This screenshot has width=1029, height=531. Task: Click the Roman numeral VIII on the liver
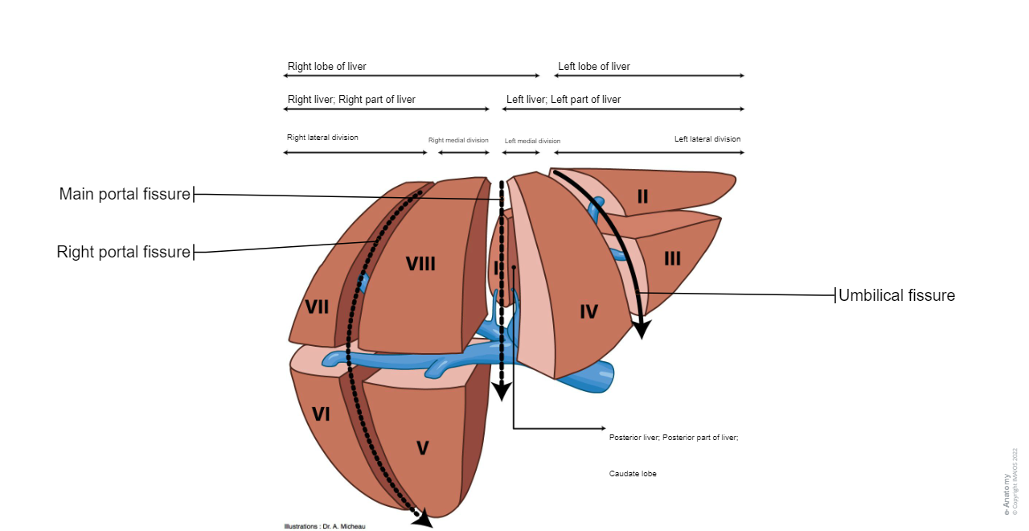[x=420, y=264]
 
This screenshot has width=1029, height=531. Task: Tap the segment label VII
[x=318, y=307]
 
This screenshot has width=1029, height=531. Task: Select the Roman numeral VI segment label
[x=321, y=414]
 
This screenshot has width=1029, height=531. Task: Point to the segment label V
[x=423, y=449]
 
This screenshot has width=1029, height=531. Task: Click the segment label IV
[x=588, y=311]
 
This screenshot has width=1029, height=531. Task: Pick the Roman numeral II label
[x=642, y=196]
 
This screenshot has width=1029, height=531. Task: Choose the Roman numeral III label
[x=672, y=258]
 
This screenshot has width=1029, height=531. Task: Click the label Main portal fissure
[x=125, y=194]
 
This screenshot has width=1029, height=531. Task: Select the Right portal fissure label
[x=123, y=252]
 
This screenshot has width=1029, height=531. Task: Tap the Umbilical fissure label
[x=896, y=295]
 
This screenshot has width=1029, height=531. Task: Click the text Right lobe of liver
[x=326, y=67]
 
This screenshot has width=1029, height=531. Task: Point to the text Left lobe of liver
[x=594, y=67]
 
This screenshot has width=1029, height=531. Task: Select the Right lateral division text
[x=322, y=138]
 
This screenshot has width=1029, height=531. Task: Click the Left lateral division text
[x=707, y=139]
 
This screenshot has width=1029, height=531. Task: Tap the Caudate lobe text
[x=633, y=474]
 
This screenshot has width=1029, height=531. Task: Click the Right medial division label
[x=458, y=140]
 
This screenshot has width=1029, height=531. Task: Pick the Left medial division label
[x=532, y=141]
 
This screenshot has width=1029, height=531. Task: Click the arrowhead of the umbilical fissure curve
[x=642, y=327]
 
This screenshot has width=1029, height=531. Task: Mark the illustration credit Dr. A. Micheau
[x=325, y=526]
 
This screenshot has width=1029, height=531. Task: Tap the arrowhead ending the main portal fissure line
[x=502, y=391]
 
